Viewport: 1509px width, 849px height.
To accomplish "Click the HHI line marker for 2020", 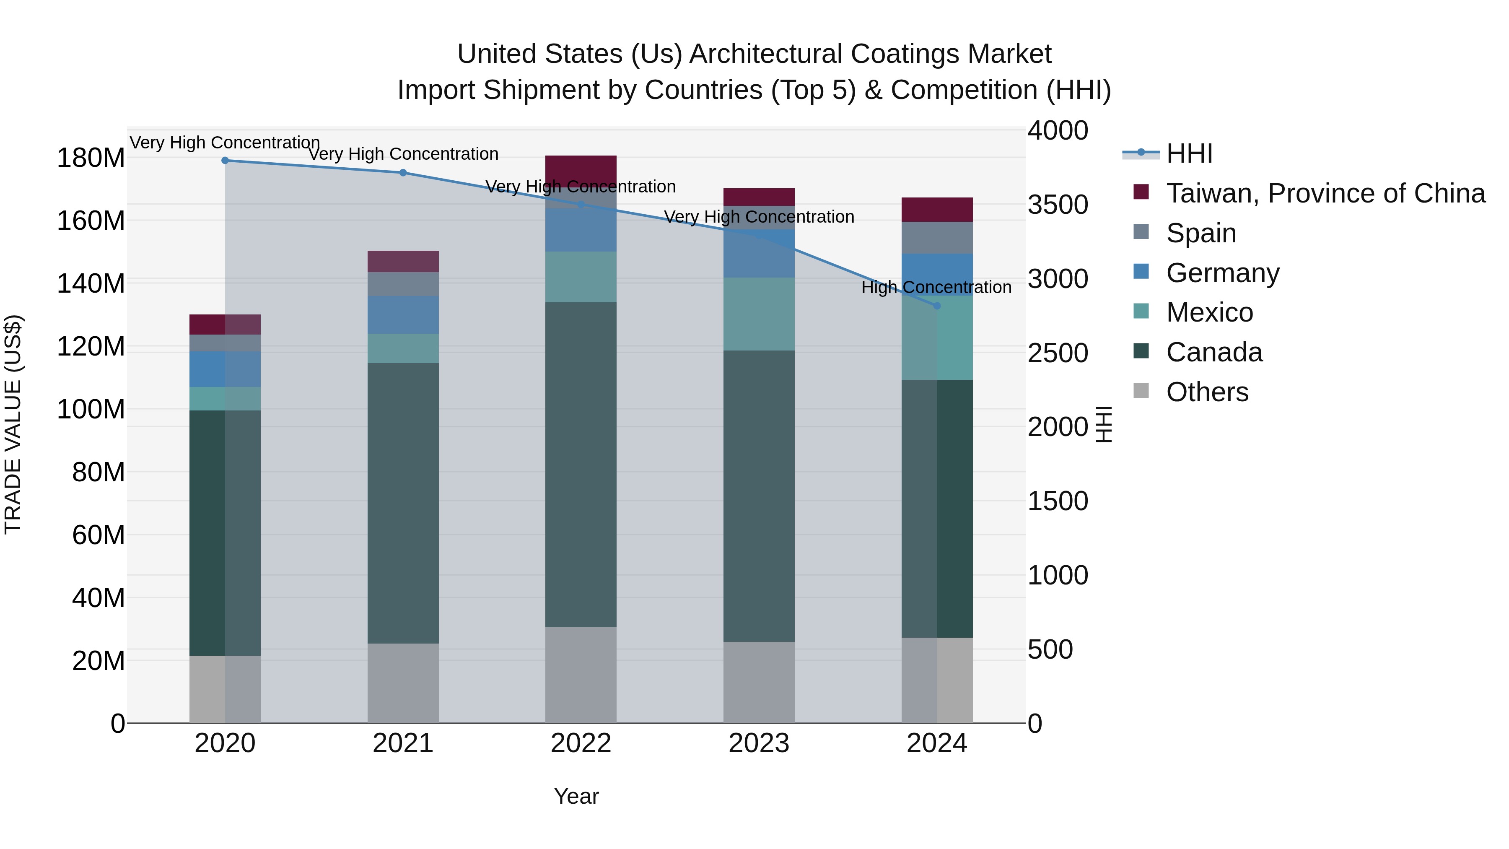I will pyautogui.click(x=225, y=160).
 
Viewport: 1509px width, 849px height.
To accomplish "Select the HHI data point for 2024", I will pyautogui.click(x=937, y=306).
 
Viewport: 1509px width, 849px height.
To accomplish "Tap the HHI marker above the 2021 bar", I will pyautogui.click(x=403, y=173).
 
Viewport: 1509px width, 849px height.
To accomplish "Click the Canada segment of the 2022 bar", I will pyautogui.click(x=581, y=464).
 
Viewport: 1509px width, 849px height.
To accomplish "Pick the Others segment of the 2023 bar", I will pyautogui.click(x=759, y=682).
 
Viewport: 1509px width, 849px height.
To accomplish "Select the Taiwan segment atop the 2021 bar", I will pyautogui.click(x=403, y=261).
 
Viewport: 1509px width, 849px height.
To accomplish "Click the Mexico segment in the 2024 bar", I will pyautogui.click(x=937, y=338).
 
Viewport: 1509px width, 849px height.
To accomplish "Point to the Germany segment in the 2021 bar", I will pyautogui.click(x=403, y=315).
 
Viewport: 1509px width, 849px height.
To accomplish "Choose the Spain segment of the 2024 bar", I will pyautogui.click(x=937, y=237).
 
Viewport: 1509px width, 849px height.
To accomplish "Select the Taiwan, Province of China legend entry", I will pyautogui.click(x=1325, y=193).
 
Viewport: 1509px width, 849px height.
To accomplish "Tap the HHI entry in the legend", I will pyautogui.click(x=1189, y=153).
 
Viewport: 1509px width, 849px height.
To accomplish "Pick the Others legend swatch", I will pyautogui.click(x=1141, y=391).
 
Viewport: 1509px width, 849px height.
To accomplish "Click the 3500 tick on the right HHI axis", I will pyautogui.click(x=1058, y=205).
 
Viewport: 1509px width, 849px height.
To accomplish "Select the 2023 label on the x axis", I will pyautogui.click(x=759, y=743).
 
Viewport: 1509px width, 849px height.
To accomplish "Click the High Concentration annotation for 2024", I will pyautogui.click(x=936, y=287).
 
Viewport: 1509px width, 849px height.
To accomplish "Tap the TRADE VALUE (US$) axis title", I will pyautogui.click(x=13, y=424).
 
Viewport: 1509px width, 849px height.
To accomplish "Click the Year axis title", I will pyautogui.click(x=576, y=796).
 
